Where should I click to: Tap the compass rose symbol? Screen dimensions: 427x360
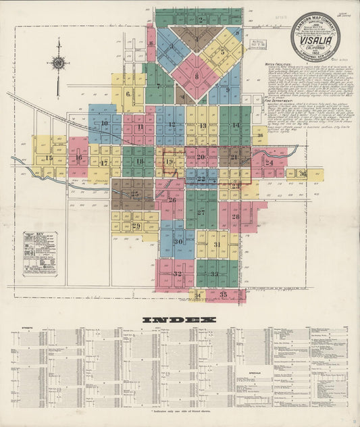pos(59,64)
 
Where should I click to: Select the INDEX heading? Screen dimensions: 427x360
pos(180,319)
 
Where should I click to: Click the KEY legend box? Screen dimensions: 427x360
pos(40,253)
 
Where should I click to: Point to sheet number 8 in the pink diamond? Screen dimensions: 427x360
pos(197,76)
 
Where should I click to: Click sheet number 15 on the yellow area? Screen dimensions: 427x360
pos(49,158)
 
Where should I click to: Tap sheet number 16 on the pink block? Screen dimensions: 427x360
pos(78,159)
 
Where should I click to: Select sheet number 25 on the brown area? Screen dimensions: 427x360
pos(134,194)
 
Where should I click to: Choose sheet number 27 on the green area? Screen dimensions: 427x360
pos(201,211)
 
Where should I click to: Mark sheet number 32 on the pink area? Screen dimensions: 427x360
pos(177,274)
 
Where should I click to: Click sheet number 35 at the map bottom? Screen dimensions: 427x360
pos(223,295)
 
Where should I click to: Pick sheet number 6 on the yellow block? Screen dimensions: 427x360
pos(128,95)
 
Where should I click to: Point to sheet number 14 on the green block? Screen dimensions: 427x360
pos(236,126)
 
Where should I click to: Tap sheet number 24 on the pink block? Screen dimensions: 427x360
pos(269,162)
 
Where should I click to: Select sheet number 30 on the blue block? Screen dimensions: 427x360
pos(178,241)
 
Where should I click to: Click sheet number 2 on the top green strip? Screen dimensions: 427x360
pos(201,20)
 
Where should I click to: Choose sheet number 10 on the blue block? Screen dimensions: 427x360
pos(105,124)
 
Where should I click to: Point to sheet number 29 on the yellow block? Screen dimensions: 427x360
pos(136,226)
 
